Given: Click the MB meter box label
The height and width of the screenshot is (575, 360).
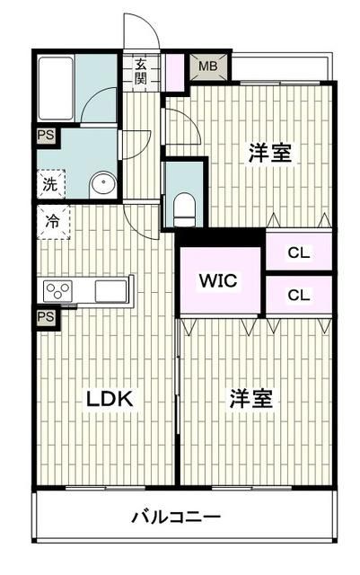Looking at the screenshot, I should [x=207, y=66].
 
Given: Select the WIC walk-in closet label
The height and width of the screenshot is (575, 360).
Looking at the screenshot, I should [x=217, y=280].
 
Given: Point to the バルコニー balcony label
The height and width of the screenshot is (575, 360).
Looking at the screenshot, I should [x=176, y=517].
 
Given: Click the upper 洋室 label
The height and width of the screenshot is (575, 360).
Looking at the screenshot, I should [x=269, y=153].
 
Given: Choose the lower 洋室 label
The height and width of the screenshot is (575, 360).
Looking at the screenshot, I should [x=250, y=399].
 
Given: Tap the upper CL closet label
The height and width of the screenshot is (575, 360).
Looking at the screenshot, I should [x=298, y=252].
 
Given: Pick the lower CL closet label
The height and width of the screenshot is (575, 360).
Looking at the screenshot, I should [x=298, y=294].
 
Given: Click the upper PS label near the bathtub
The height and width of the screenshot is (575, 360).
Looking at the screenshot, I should [x=45, y=136].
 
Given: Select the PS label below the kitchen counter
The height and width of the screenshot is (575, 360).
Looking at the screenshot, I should [x=45, y=316].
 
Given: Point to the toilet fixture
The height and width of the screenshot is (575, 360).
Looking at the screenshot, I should [x=185, y=206].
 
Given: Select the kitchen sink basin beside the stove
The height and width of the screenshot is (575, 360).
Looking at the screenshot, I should [x=111, y=291].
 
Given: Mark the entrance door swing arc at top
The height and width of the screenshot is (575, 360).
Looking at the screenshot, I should [x=144, y=31].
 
